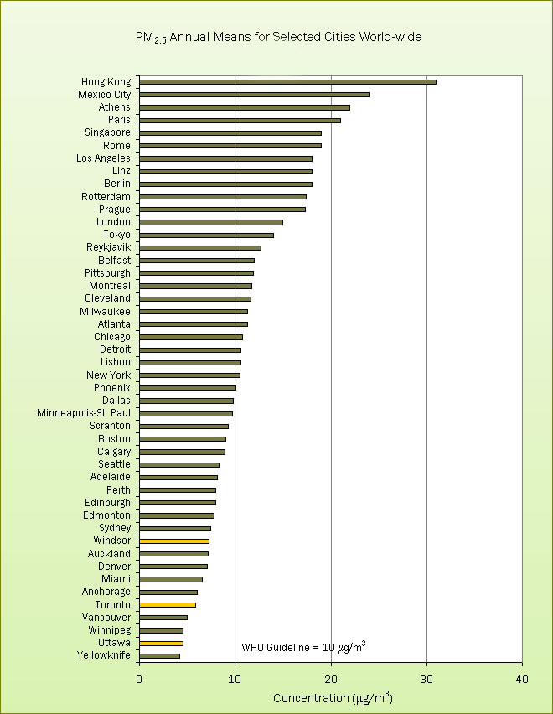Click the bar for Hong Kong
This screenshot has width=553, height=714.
(x=287, y=82)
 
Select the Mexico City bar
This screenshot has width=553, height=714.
(x=254, y=95)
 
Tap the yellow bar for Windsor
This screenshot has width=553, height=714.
(x=174, y=541)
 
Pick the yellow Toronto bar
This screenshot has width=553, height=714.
(x=168, y=605)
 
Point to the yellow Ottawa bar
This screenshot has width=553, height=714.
(x=161, y=643)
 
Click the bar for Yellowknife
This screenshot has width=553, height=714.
(x=159, y=655)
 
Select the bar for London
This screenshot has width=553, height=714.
(x=211, y=222)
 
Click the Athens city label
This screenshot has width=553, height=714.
(x=115, y=107)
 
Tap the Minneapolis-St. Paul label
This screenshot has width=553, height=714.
(x=84, y=413)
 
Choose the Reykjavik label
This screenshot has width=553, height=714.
(x=108, y=247)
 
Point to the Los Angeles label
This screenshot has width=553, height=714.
(x=103, y=158)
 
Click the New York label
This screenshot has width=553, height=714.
(x=109, y=375)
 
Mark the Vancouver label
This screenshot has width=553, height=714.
(x=106, y=617)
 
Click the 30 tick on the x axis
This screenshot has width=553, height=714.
(x=426, y=678)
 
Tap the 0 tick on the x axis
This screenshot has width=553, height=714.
(x=139, y=678)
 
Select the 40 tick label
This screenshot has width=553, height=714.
(x=522, y=678)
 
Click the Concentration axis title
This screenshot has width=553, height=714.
(x=333, y=697)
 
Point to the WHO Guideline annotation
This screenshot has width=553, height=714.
(x=303, y=647)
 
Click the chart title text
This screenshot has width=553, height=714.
(x=278, y=38)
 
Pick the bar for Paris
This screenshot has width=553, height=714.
(x=240, y=121)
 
